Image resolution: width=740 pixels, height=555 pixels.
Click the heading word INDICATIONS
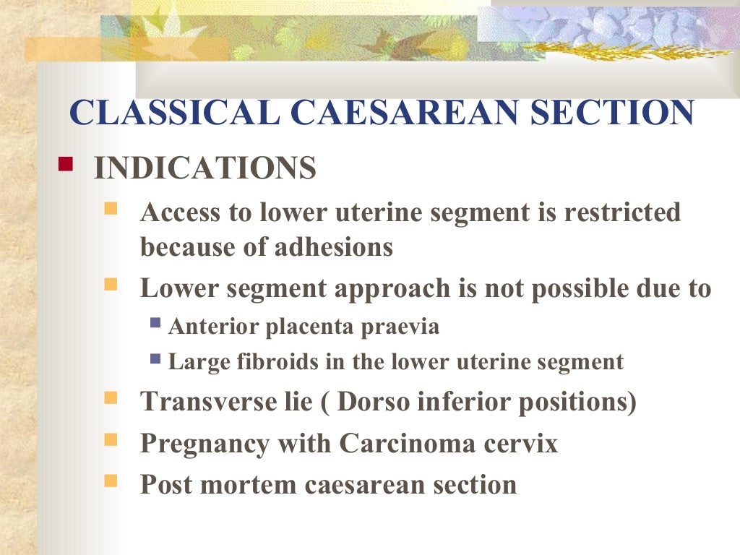coord(205,169)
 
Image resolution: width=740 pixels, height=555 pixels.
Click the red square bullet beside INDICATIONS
coord(66,165)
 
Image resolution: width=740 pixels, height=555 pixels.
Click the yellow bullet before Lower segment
coord(111,285)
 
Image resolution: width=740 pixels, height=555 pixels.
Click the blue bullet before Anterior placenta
coord(155,323)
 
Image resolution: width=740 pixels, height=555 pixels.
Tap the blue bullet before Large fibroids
coord(155,358)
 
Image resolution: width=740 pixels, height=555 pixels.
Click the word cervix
coord(524,443)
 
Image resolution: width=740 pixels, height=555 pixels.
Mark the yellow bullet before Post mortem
coord(111,480)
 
